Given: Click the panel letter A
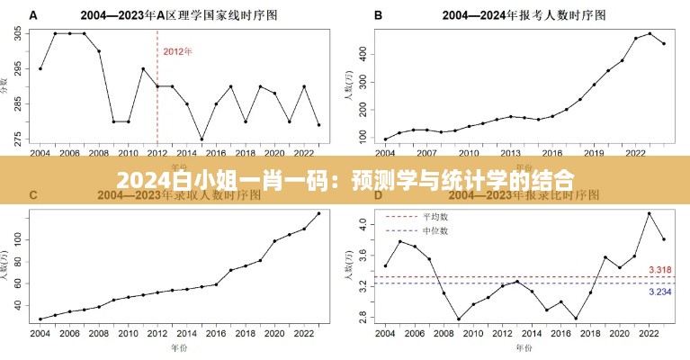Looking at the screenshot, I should coord(33,16).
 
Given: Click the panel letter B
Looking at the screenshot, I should coord(378,16).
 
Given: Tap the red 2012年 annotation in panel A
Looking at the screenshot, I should coord(177,51).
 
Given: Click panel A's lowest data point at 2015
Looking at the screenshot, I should coord(202,139).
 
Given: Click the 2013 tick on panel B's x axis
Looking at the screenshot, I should coord(510,153).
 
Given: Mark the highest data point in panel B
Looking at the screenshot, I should coord(650,34).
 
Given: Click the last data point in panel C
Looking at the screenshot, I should coord(318,213).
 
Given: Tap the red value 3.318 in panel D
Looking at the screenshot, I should coord(659,270).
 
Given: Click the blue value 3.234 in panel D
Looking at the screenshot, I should coord(659,292).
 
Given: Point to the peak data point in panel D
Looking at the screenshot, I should coord(650,213).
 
